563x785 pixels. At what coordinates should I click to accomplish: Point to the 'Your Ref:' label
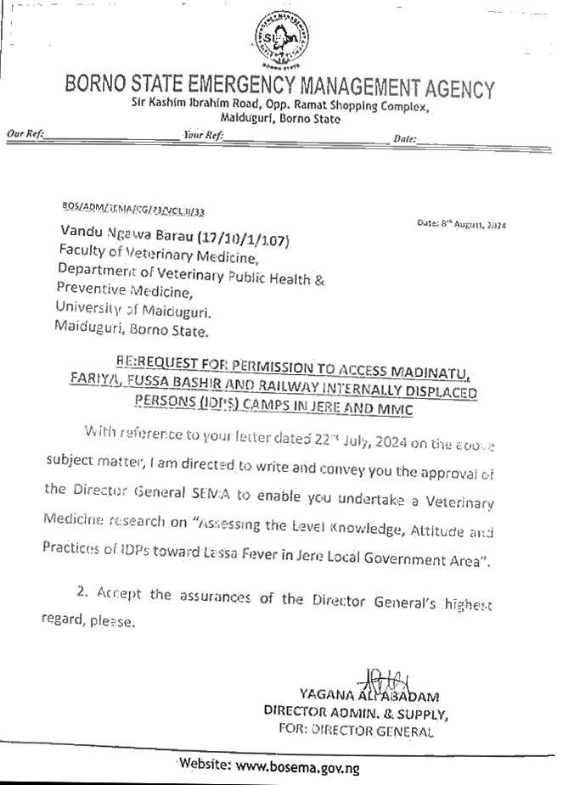203,135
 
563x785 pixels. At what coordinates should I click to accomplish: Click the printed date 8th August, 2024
462,224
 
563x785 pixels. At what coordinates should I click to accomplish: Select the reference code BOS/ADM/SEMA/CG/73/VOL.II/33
133,209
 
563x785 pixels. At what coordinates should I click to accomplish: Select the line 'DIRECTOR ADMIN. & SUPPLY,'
356,714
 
